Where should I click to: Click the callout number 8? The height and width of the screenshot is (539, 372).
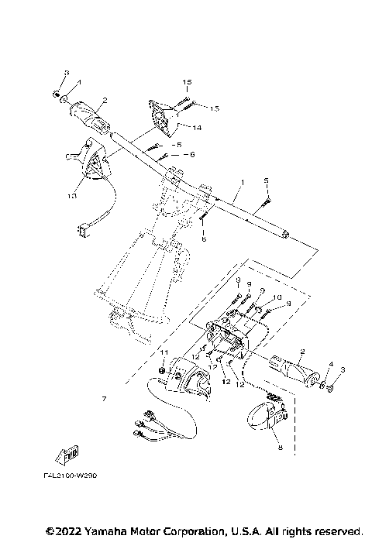(x=279, y=447)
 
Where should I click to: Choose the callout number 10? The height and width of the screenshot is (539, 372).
(x=277, y=298)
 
